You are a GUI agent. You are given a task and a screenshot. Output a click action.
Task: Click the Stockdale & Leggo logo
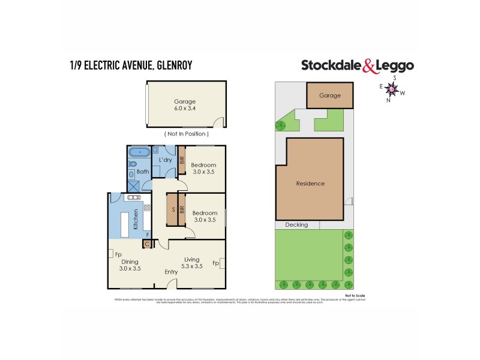[357, 65]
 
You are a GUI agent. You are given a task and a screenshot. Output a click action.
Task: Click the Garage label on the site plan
[329, 95]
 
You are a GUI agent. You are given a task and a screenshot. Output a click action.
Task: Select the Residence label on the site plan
[310, 184]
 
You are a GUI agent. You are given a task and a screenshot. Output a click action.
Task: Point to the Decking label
[297, 225]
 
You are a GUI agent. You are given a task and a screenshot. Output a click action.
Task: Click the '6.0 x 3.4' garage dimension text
[185, 109]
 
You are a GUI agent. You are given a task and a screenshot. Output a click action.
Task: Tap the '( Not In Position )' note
[186, 133]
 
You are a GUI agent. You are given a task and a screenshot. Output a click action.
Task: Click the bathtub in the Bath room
[138, 152]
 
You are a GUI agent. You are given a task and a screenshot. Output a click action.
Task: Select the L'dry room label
[165, 160]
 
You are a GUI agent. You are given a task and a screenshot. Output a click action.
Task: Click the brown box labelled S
[172, 210]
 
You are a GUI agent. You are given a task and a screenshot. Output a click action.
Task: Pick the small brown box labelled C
[146, 244]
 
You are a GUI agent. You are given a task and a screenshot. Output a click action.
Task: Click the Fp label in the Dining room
[118, 254]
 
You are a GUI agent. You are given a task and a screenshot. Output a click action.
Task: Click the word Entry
[171, 272]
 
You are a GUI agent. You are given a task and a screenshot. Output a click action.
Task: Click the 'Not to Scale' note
[355, 296]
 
